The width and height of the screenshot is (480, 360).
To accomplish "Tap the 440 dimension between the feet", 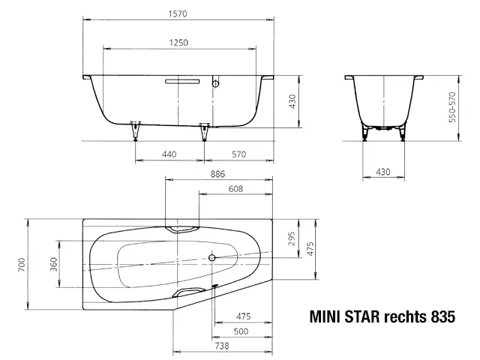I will coord(169,154).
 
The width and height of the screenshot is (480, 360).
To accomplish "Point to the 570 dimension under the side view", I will coord(238,154).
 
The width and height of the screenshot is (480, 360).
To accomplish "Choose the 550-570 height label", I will coord(452,106).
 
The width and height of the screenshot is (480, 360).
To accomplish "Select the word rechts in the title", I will coord(403,316).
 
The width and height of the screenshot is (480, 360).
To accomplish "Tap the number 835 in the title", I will coord(442,316).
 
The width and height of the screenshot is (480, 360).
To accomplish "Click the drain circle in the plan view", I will coord(213,259).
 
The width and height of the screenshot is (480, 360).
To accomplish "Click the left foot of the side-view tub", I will coord(136,129).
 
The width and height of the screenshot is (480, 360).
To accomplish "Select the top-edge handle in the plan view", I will coord(182,228).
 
